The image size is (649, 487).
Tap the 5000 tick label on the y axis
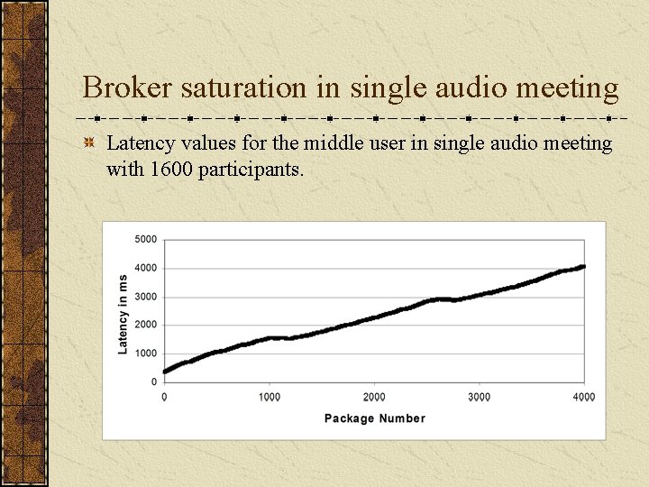(x=145, y=239)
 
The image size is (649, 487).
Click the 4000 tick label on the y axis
(x=145, y=268)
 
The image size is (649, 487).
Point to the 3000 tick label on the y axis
(x=145, y=297)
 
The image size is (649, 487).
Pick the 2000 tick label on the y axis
(x=145, y=325)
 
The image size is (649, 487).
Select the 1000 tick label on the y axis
(x=145, y=354)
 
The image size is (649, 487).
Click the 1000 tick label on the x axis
(x=269, y=397)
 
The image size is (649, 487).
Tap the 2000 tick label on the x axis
(x=374, y=397)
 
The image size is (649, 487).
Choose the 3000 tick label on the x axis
(x=480, y=397)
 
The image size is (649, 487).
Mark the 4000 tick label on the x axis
(x=584, y=397)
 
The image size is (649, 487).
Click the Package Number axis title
(x=374, y=418)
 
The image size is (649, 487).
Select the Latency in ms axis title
(x=123, y=313)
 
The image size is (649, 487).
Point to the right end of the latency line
(x=584, y=266)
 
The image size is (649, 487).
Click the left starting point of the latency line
(x=165, y=371)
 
